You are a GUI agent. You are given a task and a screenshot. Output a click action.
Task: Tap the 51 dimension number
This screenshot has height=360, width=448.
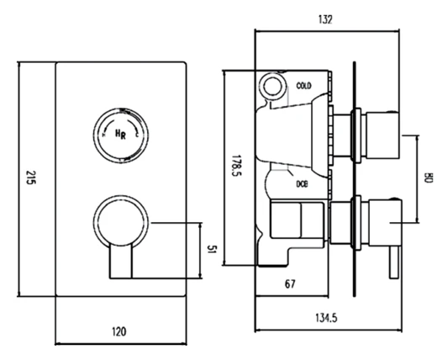pyautogui.click(x=214, y=250)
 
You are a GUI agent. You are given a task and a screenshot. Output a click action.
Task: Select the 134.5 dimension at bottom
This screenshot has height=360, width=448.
pyautogui.click(x=326, y=318)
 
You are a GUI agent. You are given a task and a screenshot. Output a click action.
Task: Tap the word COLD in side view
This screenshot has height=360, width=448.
pyautogui.click(x=304, y=86)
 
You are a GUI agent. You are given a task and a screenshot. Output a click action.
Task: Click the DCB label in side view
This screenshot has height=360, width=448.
pyautogui.click(x=302, y=183)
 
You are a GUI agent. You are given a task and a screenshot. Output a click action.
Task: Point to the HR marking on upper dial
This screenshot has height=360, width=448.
pyautogui.click(x=120, y=134)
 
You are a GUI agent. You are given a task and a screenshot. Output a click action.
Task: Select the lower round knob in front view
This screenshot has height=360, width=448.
pyautogui.click(x=120, y=222)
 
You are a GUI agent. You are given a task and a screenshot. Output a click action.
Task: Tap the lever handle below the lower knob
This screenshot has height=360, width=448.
pyautogui.click(x=120, y=262)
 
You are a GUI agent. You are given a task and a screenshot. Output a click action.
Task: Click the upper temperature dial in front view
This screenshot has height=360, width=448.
pyautogui.click(x=120, y=134)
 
